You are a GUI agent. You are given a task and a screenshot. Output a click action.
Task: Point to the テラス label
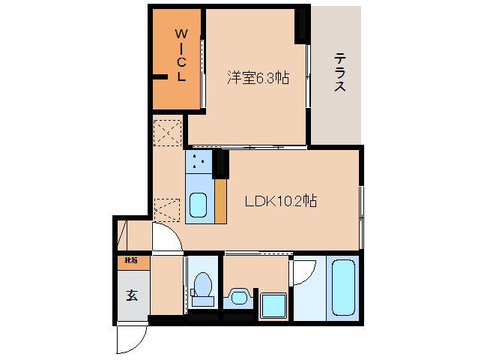click(339, 72)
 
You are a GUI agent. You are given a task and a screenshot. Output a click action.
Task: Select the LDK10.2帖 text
click(281, 201)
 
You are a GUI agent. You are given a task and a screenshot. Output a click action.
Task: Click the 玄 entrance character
click(132, 295)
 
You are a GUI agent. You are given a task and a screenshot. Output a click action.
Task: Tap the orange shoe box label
click(132, 262)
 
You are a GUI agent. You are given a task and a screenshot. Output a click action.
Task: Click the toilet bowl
click(202, 286)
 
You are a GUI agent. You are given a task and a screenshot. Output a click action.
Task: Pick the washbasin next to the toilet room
click(240, 296)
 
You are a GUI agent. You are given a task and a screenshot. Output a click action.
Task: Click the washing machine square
click(273, 304)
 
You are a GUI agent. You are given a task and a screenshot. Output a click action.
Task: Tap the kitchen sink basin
click(199, 205)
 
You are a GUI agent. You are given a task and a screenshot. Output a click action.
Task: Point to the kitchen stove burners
click(199, 160)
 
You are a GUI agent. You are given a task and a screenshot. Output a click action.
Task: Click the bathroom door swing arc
click(303, 273)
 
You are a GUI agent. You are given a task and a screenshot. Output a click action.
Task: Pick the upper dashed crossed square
click(168, 133)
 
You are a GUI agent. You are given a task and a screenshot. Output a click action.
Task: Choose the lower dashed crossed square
click(168, 209)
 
